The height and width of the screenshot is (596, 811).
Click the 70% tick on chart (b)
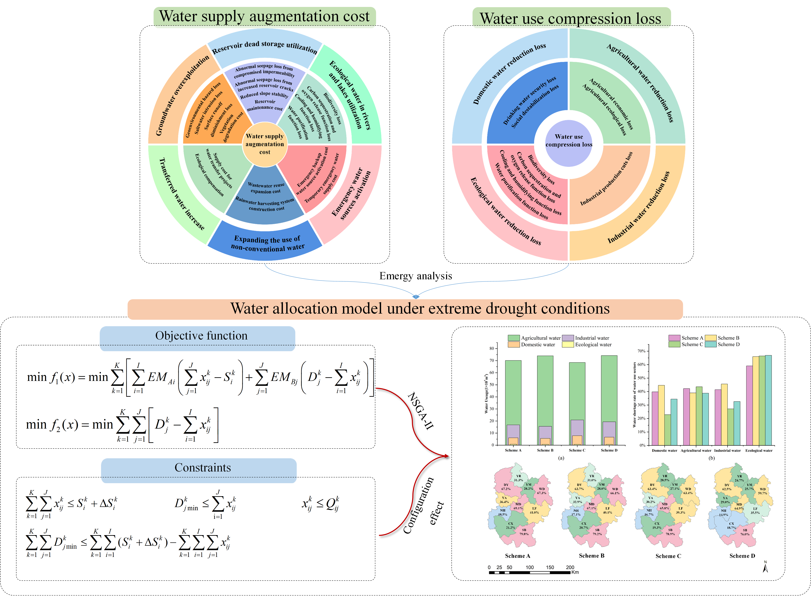pyautogui.click(x=641, y=351)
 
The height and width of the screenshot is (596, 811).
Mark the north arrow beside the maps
pyautogui.click(x=765, y=567)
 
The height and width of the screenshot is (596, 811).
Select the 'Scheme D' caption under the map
pyautogui.click(x=742, y=556)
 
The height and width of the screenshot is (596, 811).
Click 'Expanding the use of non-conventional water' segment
pyautogui.click(x=267, y=243)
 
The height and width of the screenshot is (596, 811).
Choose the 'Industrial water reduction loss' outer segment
pyautogui.click(x=639, y=208)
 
